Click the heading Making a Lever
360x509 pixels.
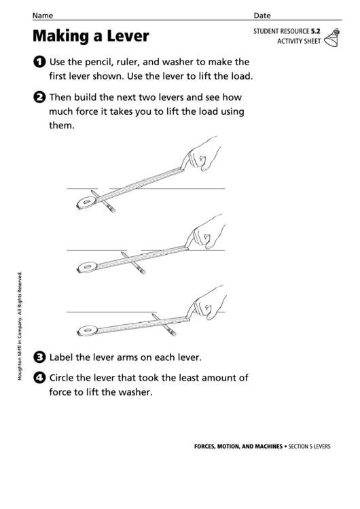pyautogui.click(x=90, y=35)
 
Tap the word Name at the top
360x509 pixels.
pyautogui.click(x=43, y=15)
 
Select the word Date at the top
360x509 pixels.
pyautogui.click(x=262, y=15)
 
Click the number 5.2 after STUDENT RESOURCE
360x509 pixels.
pyautogui.click(x=316, y=31)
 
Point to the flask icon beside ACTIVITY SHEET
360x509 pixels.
pyautogui.click(x=332, y=39)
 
